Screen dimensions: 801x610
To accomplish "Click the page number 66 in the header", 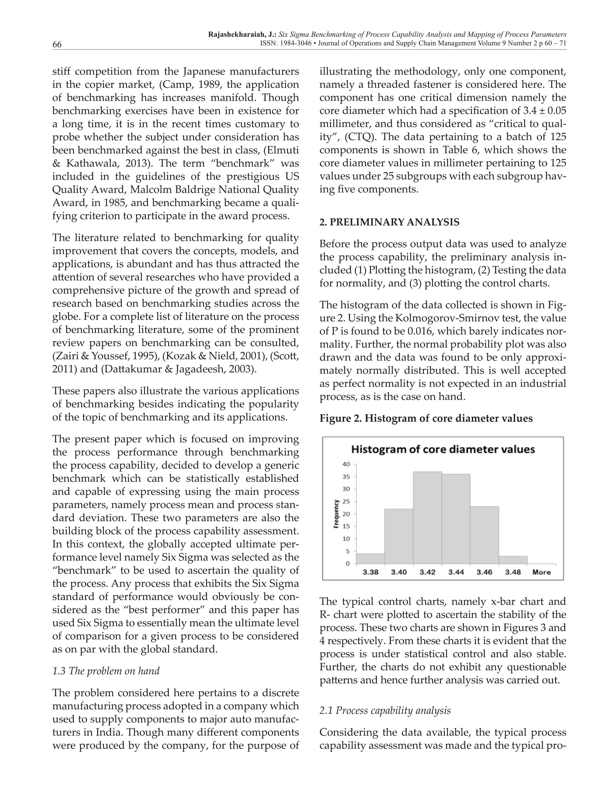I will click(x=57, y=44).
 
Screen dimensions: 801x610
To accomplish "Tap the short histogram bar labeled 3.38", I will click(x=370, y=559).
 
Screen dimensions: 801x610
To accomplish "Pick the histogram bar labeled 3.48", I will click(x=513, y=560).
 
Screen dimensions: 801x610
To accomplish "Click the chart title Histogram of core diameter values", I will click(x=443, y=450).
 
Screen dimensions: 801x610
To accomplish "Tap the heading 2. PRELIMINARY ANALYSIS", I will click(x=389, y=222).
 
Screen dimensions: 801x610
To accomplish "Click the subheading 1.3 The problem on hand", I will click(x=106, y=671).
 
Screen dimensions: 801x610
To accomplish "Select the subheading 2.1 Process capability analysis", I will click(x=385, y=710).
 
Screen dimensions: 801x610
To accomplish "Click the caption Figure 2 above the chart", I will click(x=426, y=419).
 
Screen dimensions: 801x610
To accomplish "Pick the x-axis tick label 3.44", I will click(x=456, y=572).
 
